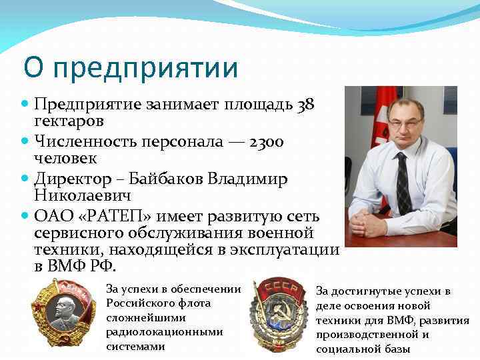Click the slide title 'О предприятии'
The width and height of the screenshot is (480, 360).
(130, 68)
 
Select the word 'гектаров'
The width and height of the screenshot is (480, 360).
(69, 122)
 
